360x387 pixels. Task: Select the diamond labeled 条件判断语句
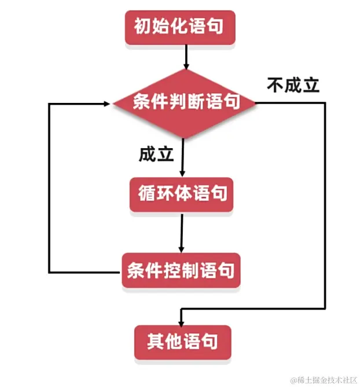184,102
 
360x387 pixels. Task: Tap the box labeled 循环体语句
181,194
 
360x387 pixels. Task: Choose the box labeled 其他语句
182,341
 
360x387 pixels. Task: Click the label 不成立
293,85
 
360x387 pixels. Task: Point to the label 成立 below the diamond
156,154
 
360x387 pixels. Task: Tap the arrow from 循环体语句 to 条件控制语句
182,231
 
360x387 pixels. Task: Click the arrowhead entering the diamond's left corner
107,104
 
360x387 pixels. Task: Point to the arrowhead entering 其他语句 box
181,322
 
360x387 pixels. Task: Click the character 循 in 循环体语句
147,194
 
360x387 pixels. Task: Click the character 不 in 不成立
275,85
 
